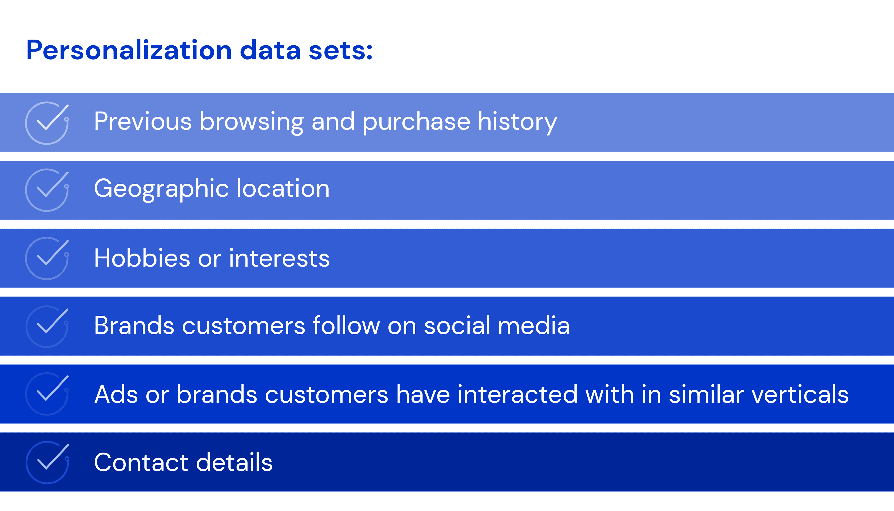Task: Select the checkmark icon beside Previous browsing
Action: coord(47,123)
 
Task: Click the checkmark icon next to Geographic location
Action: coord(47,190)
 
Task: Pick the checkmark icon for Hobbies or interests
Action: coord(47,258)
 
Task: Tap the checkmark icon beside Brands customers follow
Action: coord(47,326)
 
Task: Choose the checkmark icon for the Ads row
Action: coord(47,394)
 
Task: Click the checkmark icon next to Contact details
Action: coord(47,462)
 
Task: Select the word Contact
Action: coord(141,463)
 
